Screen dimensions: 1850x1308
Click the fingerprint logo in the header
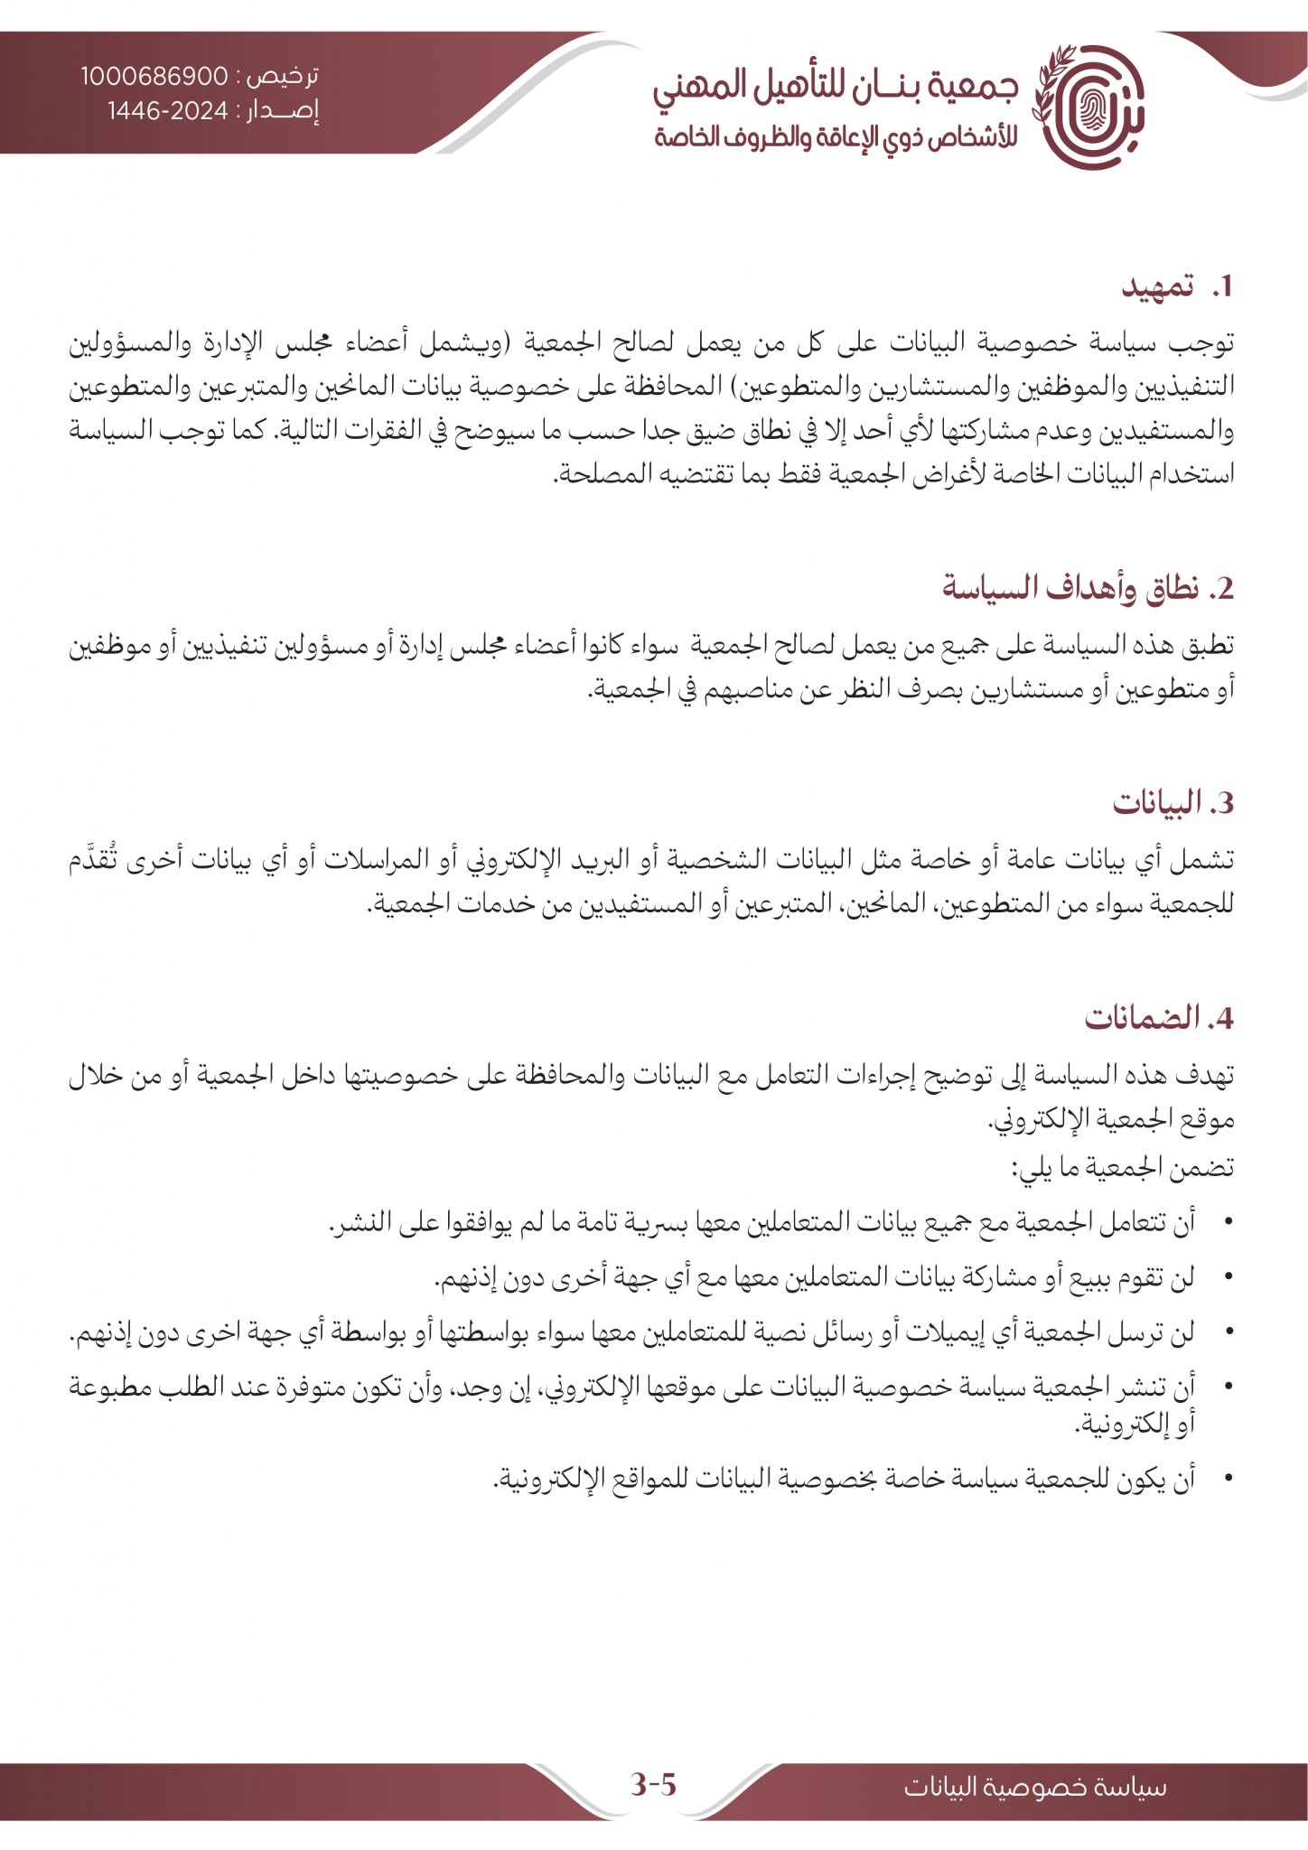1088,107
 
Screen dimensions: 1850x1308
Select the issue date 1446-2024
169,111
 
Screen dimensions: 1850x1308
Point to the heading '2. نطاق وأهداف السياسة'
1088,588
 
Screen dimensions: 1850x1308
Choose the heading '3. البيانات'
1173,803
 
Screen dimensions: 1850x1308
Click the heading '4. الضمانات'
1159,1018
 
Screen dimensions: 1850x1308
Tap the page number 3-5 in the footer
653,1785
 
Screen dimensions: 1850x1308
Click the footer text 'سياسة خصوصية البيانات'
1035,1787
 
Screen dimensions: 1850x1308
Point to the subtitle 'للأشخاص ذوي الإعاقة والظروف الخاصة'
836,138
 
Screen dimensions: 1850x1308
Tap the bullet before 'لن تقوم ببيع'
1227,1278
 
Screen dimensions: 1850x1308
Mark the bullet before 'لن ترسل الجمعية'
1227,1333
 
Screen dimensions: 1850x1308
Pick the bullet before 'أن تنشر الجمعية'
1227,1387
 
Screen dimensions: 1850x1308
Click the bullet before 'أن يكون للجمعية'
1227,1479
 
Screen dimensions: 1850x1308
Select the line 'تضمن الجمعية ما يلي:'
1122,1168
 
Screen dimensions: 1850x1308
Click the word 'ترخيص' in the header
287,77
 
